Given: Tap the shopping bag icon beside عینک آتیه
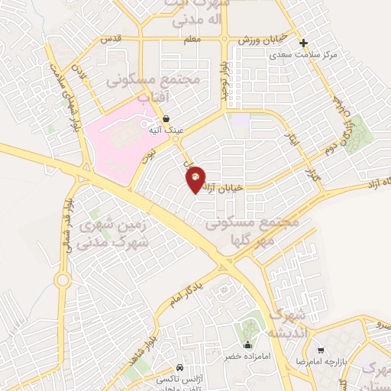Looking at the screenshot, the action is pos(166,118).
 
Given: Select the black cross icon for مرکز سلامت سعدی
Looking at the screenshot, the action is pos(304,43).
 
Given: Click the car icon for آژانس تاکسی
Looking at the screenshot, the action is pos(180,367).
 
